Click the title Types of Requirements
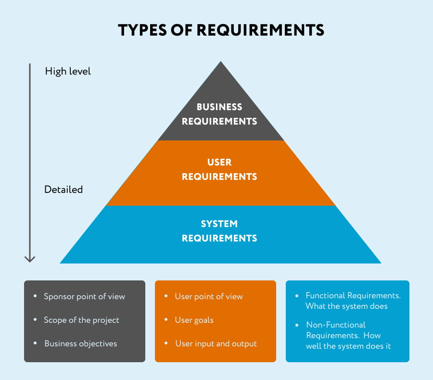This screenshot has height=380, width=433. [221, 30]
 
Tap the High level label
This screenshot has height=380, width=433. [68, 71]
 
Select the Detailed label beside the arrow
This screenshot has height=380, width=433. [64, 190]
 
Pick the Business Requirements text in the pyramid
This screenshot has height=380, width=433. [219, 114]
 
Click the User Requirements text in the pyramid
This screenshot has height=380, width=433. [219, 169]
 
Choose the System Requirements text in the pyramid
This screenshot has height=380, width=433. [219, 231]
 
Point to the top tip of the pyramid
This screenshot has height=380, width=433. [221, 63]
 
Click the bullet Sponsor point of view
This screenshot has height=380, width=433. [84, 296]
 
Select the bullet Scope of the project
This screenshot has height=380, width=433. [81, 320]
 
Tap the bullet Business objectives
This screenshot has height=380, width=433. [80, 343]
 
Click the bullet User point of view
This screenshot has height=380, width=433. [209, 296]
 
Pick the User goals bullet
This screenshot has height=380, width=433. [194, 320]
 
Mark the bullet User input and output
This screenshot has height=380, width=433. [216, 343]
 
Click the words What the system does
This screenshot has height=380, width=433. [346, 306]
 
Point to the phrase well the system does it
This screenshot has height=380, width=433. [348, 346]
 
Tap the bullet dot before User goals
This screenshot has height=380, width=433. [166, 320]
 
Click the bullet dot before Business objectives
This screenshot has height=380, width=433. [35, 343]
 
